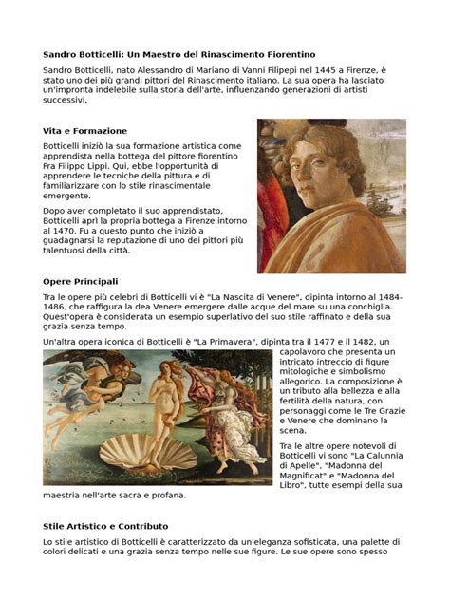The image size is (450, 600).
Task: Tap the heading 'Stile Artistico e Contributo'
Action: pyautogui.click(x=105, y=525)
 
